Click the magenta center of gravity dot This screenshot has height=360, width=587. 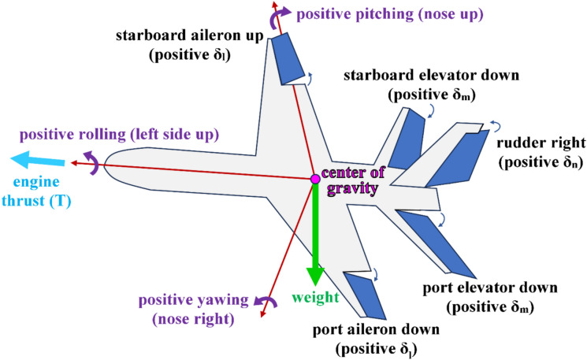pos(315,180)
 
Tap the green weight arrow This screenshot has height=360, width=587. pos(315,236)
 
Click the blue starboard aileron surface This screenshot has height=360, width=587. pos(293,59)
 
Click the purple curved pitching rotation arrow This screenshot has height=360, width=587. pos(277,19)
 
